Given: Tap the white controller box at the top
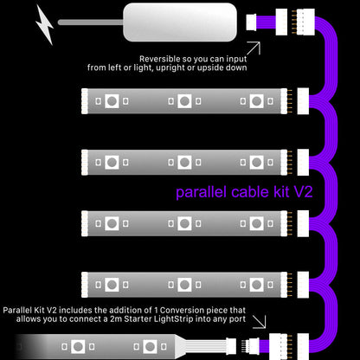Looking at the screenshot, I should (x=179, y=22).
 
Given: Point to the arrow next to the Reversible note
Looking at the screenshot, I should (x=253, y=48).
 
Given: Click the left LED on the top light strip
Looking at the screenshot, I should (x=112, y=101).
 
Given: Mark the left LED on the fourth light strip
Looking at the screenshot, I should (x=112, y=284).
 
